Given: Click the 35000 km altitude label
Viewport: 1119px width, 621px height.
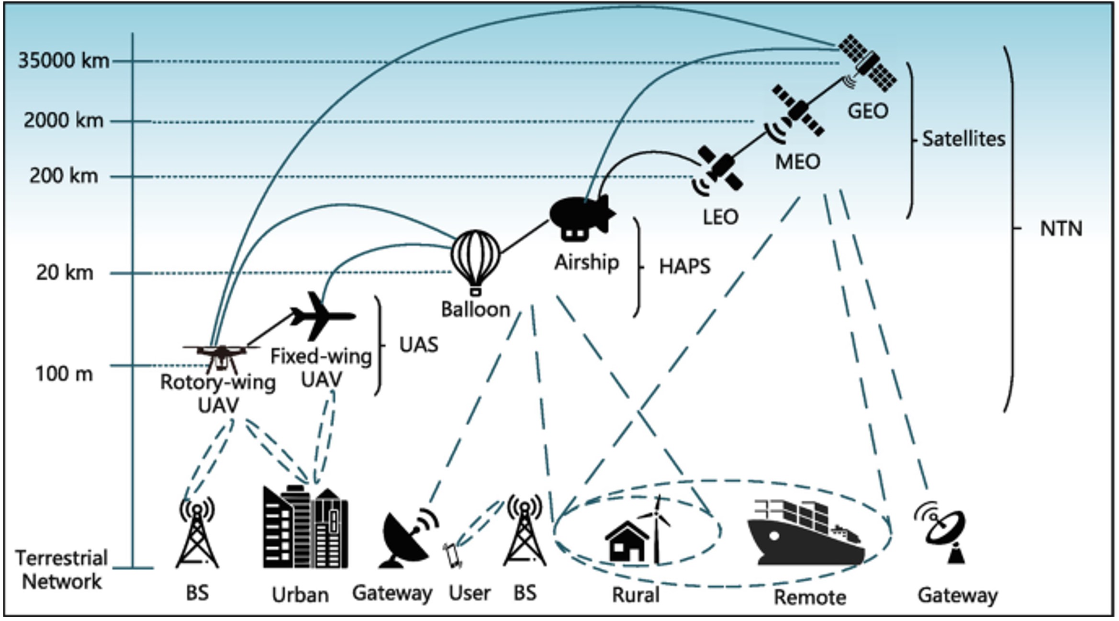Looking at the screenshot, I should point(63,61).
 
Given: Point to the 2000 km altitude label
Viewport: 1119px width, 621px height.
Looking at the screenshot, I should point(63,120).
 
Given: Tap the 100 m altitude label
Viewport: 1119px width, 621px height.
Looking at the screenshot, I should point(64,374).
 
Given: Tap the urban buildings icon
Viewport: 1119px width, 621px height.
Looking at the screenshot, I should point(305,527).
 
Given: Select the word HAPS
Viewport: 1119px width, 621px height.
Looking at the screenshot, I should point(684,267).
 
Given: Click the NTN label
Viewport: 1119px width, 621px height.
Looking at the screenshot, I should point(1061,229).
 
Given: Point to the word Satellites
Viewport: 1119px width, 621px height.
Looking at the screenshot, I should point(963,139).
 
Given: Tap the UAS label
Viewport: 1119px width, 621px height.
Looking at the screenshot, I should point(418,345).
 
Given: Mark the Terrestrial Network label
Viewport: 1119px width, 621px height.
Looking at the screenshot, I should point(61,570).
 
